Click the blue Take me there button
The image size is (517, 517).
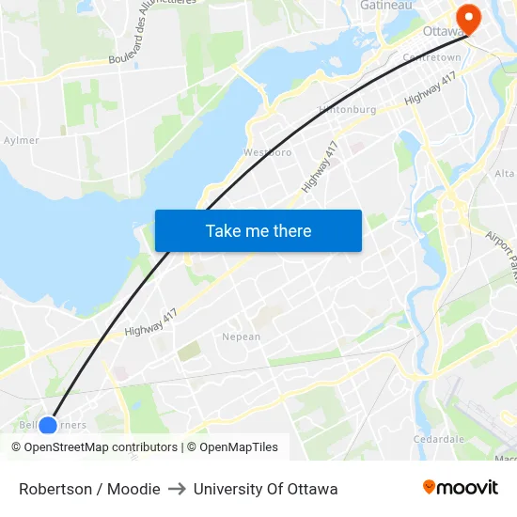tap(258, 230)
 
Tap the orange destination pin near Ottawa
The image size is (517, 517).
tap(466, 17)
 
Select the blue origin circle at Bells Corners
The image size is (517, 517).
tap(48, 426)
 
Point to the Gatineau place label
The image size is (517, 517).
tap(386, 6)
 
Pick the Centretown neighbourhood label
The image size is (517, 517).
tap(431, 57)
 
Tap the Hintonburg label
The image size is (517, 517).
tap(347, 109)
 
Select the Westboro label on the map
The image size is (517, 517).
tap(268, 151)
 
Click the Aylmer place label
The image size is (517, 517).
tap(21, 140)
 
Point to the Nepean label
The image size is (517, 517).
tap(241, 337)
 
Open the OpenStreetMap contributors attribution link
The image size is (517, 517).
tap(94, 447)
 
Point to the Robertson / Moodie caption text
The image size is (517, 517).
tap(89, 489)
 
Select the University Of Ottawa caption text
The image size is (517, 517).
tap(265, 489)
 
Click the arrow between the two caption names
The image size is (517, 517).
tap(177, 489)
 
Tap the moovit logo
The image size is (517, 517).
tap(460, 487)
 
